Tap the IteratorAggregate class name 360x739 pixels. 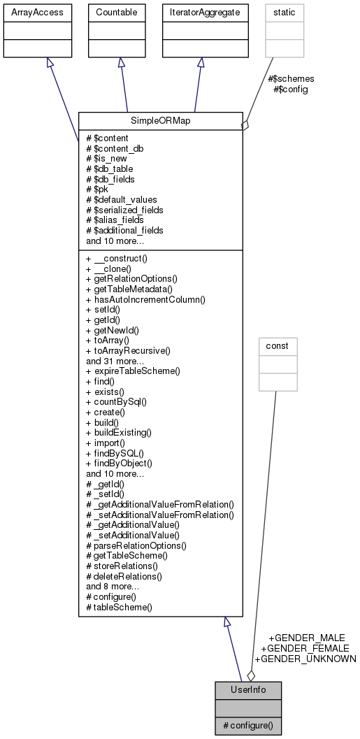pos(200,12)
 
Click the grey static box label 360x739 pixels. pos(285,12)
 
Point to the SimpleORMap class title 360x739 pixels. pos(160,122)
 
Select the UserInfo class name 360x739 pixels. pos(248,690)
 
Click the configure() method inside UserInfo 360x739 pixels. pos(248,726)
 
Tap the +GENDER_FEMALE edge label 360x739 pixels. pos(305,648)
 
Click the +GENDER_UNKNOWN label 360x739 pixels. pos(305,659)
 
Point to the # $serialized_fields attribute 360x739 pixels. pos(124,209)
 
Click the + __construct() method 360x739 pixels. pos(115,258)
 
